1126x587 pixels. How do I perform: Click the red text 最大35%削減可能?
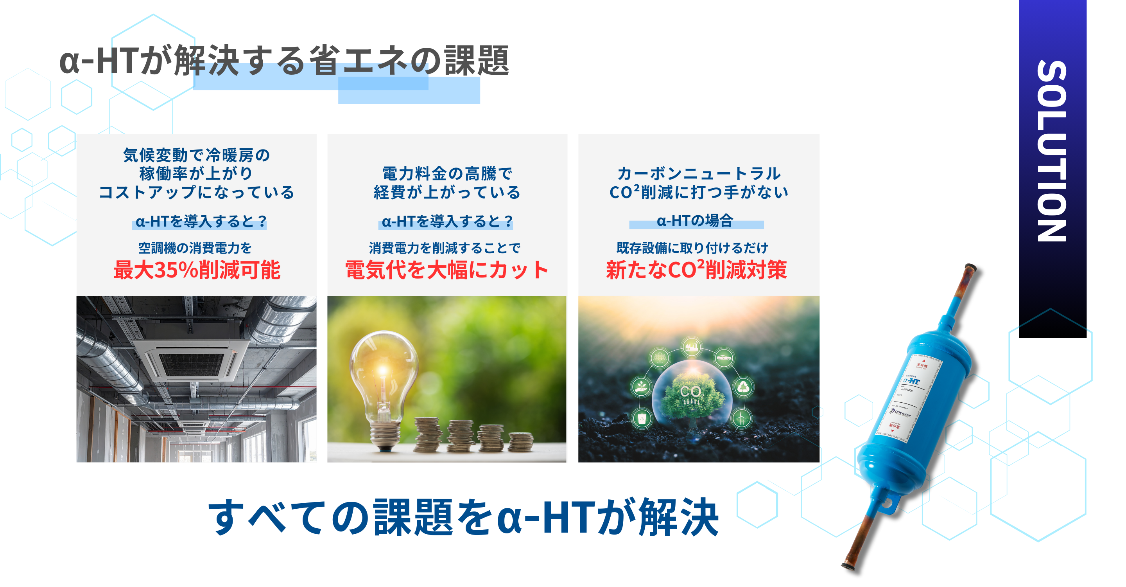click(x=197, y=270)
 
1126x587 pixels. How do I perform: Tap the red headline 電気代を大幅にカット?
click(x=447, y=270)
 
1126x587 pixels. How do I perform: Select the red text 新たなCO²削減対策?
click(x=696, y=270)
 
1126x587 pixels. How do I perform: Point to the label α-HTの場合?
click(x=695, y=221)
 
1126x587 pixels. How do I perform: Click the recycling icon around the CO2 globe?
click(x=743, y=387)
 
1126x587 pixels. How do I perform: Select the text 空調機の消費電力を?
click(x=195, y=248)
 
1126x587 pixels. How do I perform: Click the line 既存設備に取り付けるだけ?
click(x=692, y=248)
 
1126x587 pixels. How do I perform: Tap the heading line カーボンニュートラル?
click(x=699, y=174)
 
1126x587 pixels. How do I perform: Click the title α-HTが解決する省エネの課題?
click(x=284, y=61)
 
